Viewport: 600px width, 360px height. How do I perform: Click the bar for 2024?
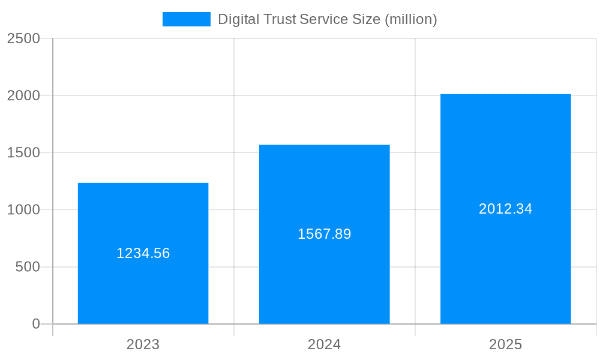point(324,276)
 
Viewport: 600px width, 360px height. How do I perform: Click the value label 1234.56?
point(143,253)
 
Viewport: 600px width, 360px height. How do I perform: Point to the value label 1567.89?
point(324,234)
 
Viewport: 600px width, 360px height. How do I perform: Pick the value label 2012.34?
point(505,209)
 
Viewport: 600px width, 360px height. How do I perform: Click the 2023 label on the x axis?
point(143,344)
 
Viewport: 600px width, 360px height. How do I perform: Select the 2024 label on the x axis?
point(324,344)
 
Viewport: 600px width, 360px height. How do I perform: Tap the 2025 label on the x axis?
point(505,344)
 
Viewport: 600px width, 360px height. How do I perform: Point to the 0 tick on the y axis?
point(35,324)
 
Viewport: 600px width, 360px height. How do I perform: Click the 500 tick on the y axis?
point(28,267)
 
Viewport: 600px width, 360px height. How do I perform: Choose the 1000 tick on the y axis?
point(23,210)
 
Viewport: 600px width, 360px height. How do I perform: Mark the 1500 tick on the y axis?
point(23,153)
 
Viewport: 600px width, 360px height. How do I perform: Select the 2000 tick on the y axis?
point(23,95)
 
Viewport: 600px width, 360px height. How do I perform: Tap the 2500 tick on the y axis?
point(23,38)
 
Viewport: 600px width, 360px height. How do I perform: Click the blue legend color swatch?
point(186,19)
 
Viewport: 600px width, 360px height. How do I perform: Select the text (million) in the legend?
point(410,19)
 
